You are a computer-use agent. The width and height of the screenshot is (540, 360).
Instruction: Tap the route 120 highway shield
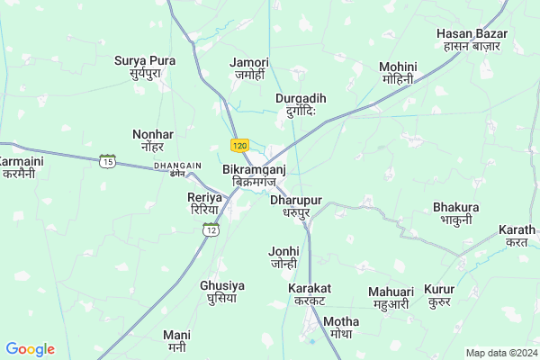[x=238, y=145]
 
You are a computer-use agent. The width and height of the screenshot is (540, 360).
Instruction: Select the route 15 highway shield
[x=108, y=160]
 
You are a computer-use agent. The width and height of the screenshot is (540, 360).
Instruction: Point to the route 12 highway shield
[x=211, y=229]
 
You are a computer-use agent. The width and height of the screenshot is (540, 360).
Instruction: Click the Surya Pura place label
[x=144, y=67]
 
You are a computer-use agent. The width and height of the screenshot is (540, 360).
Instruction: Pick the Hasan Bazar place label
[x=472, y=40]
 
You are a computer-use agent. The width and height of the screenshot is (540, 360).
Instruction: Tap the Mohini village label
[x=397, y=73]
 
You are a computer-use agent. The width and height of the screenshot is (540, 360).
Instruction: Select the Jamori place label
[x=249, y=68]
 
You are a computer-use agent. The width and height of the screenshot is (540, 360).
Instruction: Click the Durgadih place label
[x=301, y=104]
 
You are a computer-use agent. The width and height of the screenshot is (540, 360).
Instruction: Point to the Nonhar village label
[x=152, y=140]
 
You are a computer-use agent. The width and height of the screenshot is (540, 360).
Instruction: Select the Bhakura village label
[x=456, y=212]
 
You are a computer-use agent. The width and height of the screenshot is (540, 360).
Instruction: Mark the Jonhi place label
[x=284, y=257]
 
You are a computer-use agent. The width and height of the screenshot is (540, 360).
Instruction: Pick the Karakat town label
[x=310, y=294]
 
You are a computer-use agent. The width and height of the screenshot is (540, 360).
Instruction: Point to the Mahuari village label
[x=391, y=298]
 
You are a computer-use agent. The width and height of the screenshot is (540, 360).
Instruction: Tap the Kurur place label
[x=439, y=298]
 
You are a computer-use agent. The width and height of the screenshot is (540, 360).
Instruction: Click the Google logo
[x=30, y=349]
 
